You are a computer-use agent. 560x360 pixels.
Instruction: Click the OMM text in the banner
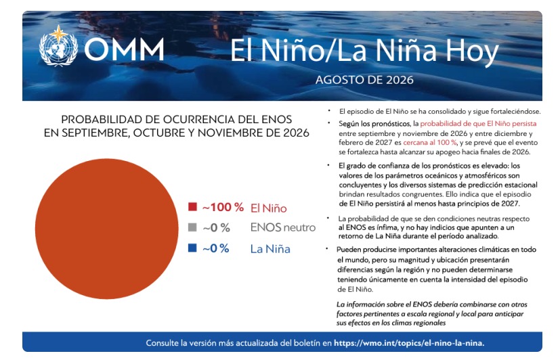coord(124,49)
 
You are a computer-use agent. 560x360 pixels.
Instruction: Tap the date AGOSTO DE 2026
coord(364,80)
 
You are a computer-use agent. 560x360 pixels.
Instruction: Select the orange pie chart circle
coord(106,229)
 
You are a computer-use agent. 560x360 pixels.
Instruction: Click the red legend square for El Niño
coord(192,206)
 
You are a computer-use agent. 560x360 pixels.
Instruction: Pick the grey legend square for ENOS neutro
coord(192,227)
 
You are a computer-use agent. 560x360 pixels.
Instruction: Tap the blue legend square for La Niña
coord(192,248)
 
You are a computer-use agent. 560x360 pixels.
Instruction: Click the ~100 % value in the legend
coord(223,207)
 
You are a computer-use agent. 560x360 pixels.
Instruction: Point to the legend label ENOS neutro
coord(283,227)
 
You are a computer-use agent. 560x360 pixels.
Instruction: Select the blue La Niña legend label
coord(270,248)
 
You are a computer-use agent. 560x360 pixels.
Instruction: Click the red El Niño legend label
coord(269,208)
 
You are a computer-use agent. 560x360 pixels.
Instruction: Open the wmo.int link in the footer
coord(409,343)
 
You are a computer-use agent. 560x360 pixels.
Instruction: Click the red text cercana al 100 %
coord(430,142)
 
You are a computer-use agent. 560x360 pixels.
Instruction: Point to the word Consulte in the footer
coord(162,343)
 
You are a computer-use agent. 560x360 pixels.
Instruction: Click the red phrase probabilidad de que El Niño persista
coord(478,124)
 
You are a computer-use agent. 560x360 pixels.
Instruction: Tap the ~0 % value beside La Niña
coord(216,248)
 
